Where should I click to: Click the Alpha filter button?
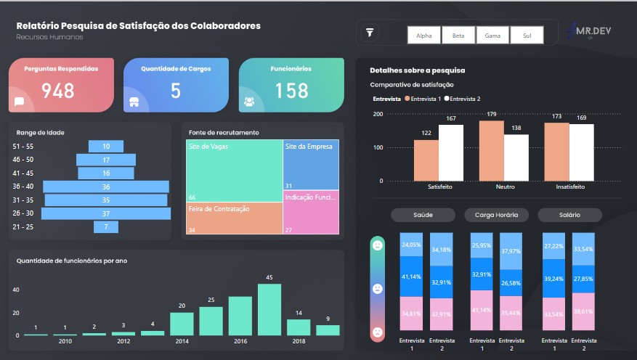pyautogui.click(x=423, y=36)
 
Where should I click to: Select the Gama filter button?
pyautogui.click(x=492, y=36)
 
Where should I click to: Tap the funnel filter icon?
pyautogui.click(x=370, y=33)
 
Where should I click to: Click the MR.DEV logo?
pyautogui.click(x=588, y=30)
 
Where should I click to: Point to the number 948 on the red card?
pyautogui.click(x=58, y=91)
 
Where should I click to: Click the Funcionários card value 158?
pyautogui.click(x=292, y=91)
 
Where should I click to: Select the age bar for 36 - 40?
pyautogui.click(x=106, y=187)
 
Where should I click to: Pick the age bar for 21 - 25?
pyautogui.click(x=106, y=227)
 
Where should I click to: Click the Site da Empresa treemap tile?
pyautogui.click(x=311, y=165)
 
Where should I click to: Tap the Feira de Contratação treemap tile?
pyautogui.click(x=235, y=218)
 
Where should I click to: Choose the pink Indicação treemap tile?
pyautogui.click(x=311, y=212)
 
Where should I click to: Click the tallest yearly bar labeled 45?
pyautogui.click(x=269, y=310)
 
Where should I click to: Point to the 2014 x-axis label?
pyautogui.click(x=182, y=341)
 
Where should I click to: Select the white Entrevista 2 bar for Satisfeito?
pyautogui.click(x=451, y=152)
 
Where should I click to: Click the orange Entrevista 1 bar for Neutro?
pyautogui.click(x=492, y=150)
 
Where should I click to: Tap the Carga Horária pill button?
pyautogui.click(x=496, y=215)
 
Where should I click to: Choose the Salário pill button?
pyautogui.click(x=569, y=215)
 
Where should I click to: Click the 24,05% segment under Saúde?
pyautogui.click(x=411, y=245)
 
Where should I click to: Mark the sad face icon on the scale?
pyautogui.click(x=378, y=332)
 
